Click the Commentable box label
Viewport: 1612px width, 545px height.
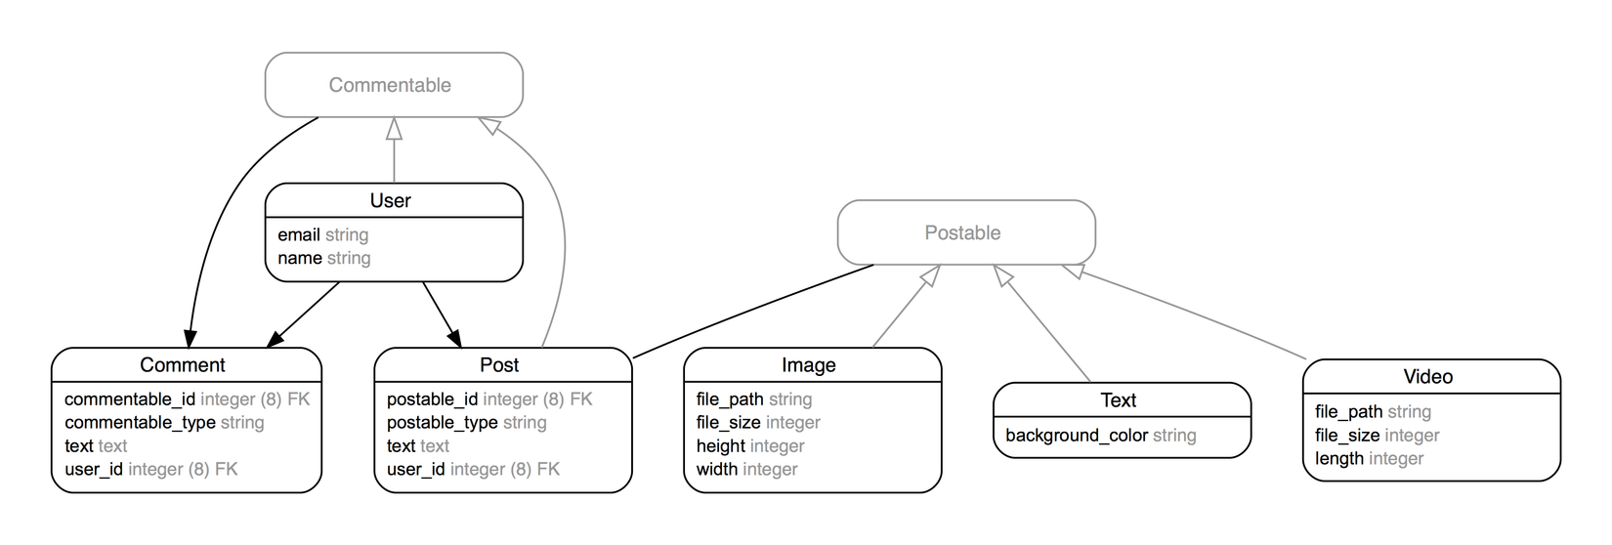click(x=390, y=85)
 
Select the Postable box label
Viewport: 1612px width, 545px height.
click(x=962, y=232)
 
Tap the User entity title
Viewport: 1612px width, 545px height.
click(x=390, y=200)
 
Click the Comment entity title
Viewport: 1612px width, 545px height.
click(x=183, y=365)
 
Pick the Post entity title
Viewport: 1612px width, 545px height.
click(x=499, y=365)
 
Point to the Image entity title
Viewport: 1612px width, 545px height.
click(x=808, y=365)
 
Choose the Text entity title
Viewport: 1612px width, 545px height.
click(x=1119, y=400)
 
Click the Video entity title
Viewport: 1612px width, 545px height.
click(x=1427, y=377)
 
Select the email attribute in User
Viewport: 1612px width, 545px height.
click(x=299, y=234)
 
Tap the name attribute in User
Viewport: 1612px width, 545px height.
click(x=300, y=258)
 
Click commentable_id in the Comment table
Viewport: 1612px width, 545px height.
click(x=130, y=399)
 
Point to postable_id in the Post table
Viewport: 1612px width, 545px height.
click(x=432, y=399)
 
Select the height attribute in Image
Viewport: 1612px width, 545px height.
click(x=721, y=446)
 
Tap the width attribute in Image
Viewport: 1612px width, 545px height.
click(x=717, y=470)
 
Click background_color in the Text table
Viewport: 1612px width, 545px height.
click(x=1077, y=436)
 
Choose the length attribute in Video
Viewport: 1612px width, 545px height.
click(x=1339, y=459)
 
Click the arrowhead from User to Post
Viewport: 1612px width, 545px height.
click(x=456, y=340)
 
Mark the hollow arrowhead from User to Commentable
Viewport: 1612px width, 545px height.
click(x=394, y=128)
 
